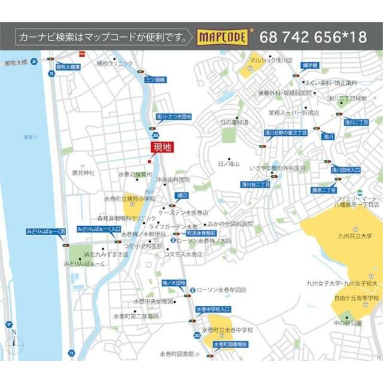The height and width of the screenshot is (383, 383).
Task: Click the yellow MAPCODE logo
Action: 222,37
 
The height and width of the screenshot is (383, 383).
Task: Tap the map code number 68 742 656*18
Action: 313,37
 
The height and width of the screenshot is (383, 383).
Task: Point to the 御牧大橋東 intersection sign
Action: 68,67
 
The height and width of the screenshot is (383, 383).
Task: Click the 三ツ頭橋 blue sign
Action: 155,79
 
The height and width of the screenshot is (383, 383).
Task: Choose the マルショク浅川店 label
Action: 271,60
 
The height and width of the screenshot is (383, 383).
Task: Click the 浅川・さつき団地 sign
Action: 173,117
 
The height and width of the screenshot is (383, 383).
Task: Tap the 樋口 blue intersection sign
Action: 182,196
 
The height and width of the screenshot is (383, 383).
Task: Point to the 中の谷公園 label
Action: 348,323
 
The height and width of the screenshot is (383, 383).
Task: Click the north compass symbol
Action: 14,343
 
